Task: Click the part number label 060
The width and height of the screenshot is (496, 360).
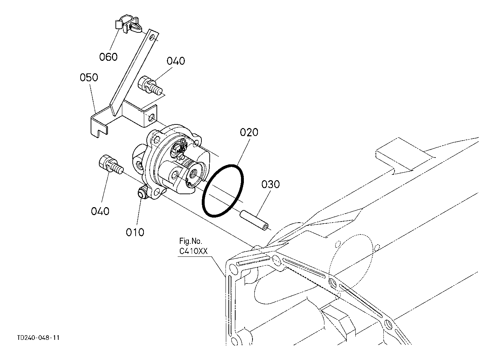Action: (109, 57)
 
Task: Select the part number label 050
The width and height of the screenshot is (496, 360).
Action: (89, 78)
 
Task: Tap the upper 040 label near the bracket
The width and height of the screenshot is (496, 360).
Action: (176, 61)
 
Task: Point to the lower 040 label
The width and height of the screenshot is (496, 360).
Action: (100, 211)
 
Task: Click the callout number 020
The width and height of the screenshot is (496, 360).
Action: (249, 132)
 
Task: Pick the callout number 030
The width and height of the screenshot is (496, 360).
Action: (270, 184)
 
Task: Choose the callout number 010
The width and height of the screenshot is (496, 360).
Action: (135, 232)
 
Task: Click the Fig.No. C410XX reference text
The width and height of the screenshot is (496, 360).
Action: (194, 246)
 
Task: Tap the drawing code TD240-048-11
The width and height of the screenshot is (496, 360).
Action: (38, 338)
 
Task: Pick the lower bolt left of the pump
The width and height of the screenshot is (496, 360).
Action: (110, 164)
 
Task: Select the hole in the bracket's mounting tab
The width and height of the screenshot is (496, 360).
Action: (153, 117)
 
